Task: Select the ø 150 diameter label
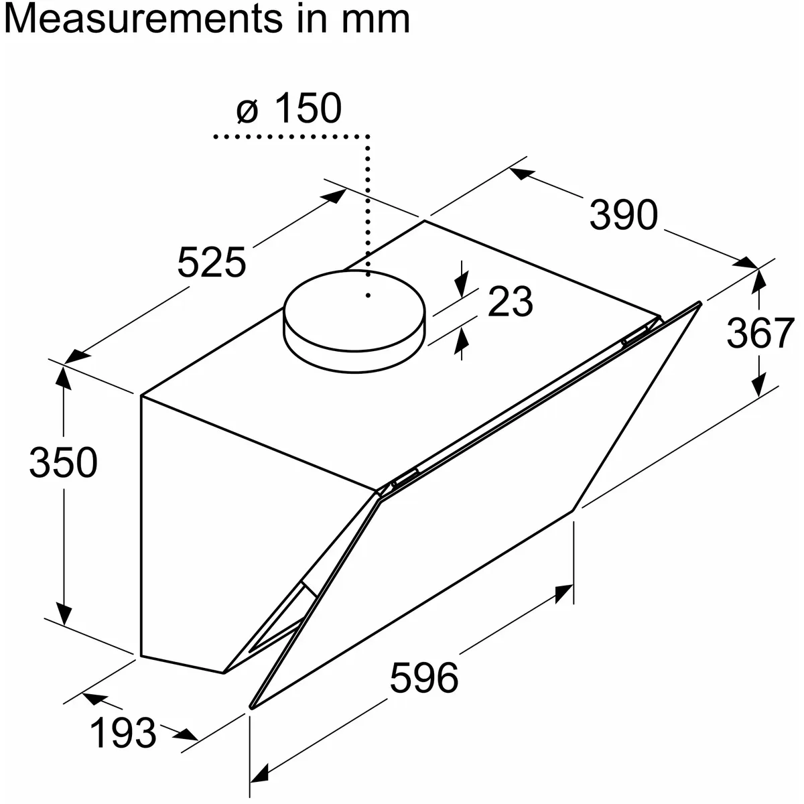pos(289,108)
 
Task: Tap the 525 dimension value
pos(212,263)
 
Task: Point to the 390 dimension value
pos(623,215)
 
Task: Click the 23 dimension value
pos(511,301)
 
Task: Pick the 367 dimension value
pos(760,332)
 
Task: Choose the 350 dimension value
pos(64,462)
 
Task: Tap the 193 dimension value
pos(123,733)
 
